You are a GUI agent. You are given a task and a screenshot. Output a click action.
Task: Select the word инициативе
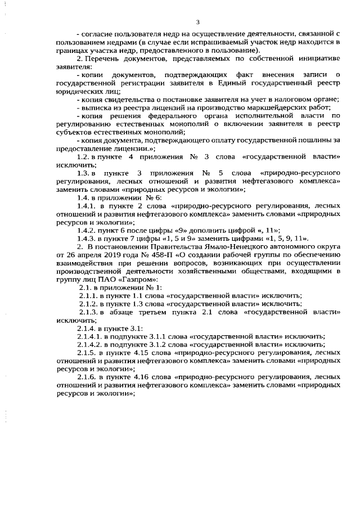(315, 58)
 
